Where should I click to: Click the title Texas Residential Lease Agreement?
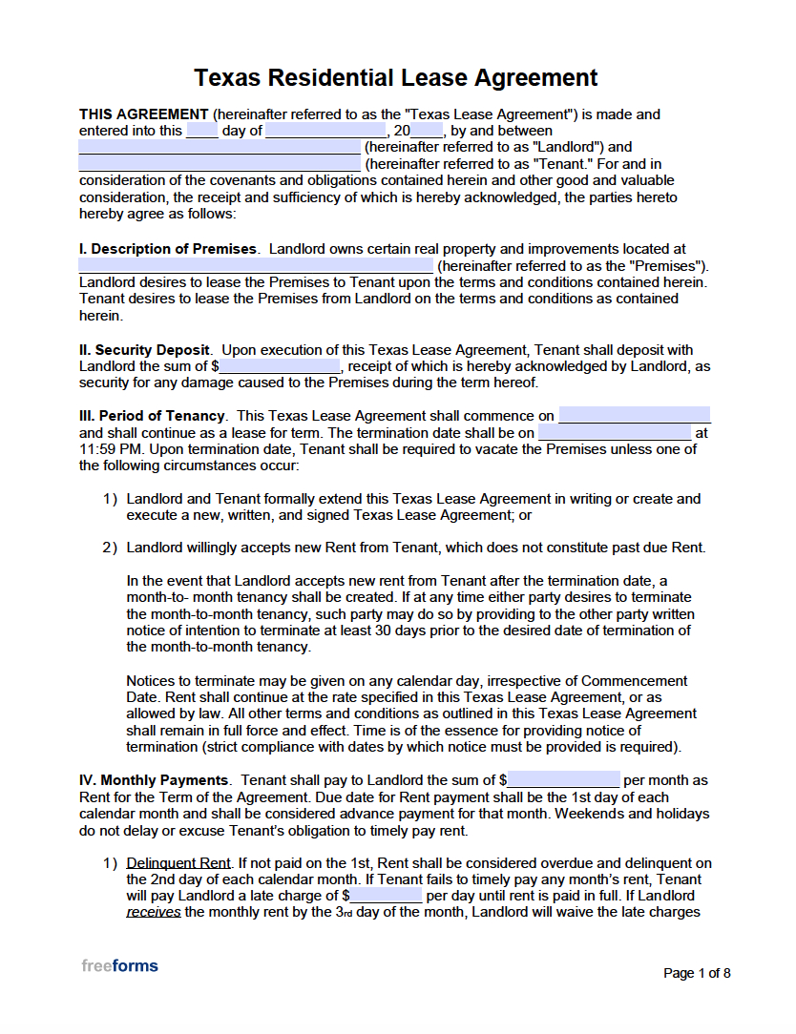click(x=396, y=77)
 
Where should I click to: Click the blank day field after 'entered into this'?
click(x=201, y=131)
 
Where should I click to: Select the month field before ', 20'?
click(x=325, y=131)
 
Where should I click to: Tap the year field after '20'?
click(x=427, y=131)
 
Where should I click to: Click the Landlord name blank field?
click(x=219, y=148)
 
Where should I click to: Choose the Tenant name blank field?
click(x=219, y=164)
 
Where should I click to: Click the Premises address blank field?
click(x=255, y=265)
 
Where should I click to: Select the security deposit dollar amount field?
click(x=280, y=366)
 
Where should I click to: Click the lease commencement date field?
click(x=635, y=416)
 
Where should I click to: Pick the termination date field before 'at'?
click(x=614, y=432)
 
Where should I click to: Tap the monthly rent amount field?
click(x=563, y=780)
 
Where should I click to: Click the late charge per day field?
click(x=386, y=896)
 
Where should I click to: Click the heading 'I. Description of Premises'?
click(x=168, y=249)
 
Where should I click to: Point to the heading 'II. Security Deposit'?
click(x=145, y=350)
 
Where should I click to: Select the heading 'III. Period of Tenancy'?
click(x=153, y=416)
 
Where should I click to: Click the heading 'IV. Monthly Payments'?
click(x=154, y=780)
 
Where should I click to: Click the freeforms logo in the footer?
click(x=119, y=965)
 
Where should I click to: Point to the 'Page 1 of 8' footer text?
click(x=697, y=973)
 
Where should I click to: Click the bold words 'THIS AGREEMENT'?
click(x=143, y=114)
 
